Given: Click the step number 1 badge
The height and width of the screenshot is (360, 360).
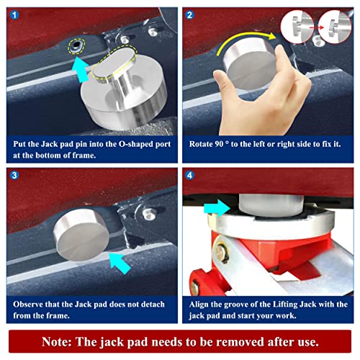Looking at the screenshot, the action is [x=14, y=15].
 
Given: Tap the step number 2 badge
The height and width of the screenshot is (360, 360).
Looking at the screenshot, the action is [x=189, y=15].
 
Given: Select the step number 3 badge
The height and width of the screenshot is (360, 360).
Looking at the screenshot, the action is [x=14, y=175].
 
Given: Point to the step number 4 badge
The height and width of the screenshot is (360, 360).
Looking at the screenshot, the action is [x=189, y=175].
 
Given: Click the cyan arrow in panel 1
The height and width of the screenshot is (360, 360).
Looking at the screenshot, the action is [x=81, y=70].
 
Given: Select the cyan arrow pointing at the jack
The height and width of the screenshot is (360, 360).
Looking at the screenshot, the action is [x=217, y=208].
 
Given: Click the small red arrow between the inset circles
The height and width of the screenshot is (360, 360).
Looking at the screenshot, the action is [x=316, y=28].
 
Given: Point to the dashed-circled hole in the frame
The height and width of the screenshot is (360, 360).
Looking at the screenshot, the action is [x=76, y=45].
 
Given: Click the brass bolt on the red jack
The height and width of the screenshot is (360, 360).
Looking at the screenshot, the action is [x=221, y=253].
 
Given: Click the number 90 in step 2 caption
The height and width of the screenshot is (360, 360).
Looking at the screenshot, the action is [x=219, y=144].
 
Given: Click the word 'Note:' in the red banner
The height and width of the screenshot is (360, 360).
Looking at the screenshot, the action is [x=57, y=341].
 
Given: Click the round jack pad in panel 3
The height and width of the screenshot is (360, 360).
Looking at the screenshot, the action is [x=81, y=235].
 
